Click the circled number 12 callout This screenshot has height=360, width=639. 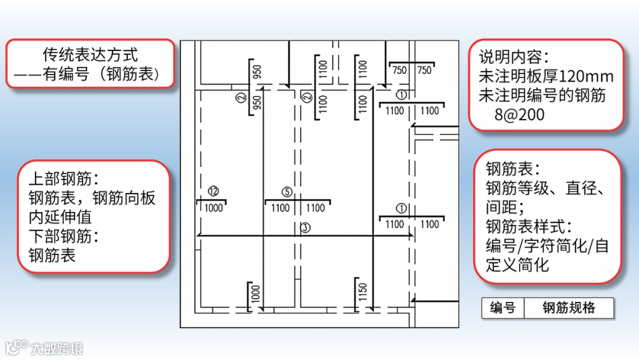[x=214, y=191]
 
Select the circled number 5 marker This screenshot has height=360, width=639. [x=287, y=192]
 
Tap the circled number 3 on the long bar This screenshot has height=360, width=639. [x=305, y=227]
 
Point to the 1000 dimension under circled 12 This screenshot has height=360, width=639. [x=213, y=208]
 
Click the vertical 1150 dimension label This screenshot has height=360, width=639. [x=363, y=291]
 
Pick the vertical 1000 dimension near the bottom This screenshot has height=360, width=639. [x=256, y=294]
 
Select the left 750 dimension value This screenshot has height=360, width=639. [x=399, y=70]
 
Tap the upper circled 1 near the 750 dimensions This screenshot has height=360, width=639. [x=401, y=95]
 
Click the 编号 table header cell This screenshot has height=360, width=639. [x=502, y=308]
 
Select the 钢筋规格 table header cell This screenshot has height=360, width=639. [x=569, y=308]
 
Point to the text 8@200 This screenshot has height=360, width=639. [x=519, y=114]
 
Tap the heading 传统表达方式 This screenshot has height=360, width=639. [x=90, y=55]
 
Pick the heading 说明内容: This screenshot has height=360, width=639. [x=514, y=57]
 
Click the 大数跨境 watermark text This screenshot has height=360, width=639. [x=57, y=348]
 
